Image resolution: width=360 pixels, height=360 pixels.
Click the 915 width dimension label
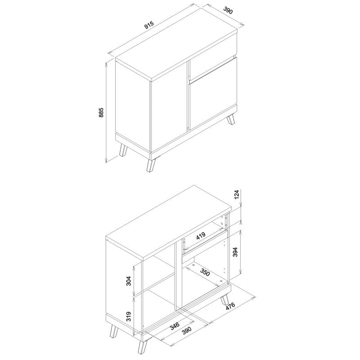click(x=149, y=25)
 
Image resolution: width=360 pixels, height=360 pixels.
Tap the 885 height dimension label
click(x=101, y=112)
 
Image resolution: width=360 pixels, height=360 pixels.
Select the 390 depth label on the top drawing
click(x=228, y=10)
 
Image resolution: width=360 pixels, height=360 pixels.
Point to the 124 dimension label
click(x=237, y=194)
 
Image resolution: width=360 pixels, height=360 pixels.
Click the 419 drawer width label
click(x=201, y=236)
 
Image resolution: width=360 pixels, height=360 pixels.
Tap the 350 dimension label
click(x=205, y=272)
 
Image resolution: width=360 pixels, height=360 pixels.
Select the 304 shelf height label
click(x=129, y=280)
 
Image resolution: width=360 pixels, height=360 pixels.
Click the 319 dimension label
click(x=129, y=316)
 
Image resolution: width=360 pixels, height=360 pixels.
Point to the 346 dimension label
click(x=175, y=326)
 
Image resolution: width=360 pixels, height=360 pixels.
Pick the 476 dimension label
click(x=230, y=306)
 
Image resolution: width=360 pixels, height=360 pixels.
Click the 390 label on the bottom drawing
click(x=186, y=331)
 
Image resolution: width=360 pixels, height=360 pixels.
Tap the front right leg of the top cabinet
click(x=151, y=165)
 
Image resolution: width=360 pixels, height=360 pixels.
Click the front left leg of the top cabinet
click(x=123, y=150)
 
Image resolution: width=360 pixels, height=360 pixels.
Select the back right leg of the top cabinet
click(x=231, y=120)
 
